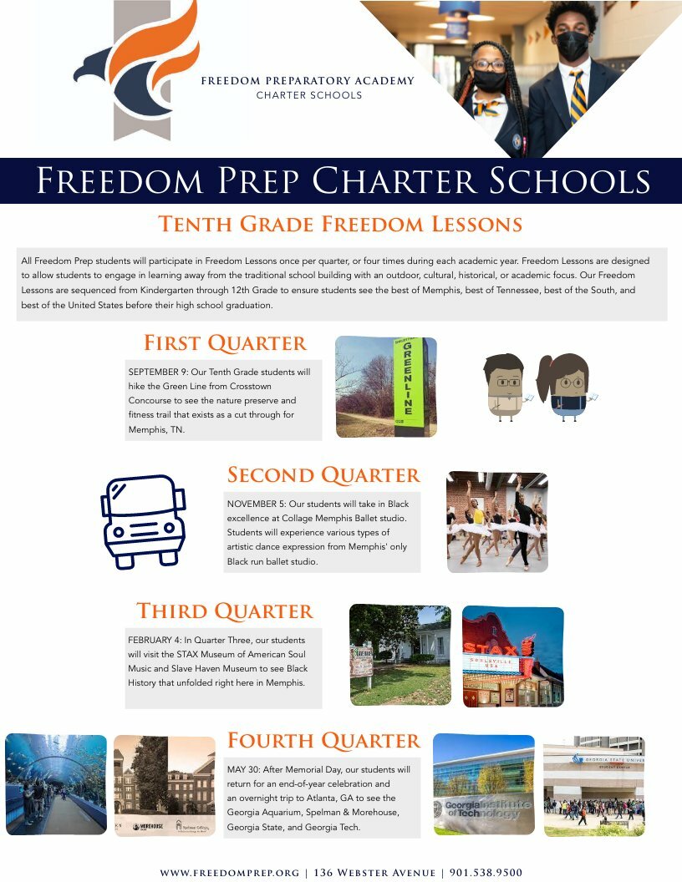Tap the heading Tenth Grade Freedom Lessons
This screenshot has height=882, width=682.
coord(340,225)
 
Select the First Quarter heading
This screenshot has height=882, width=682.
coord(225,343)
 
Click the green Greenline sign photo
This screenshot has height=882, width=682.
coord(386,387)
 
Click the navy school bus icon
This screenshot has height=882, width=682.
coord(142,521)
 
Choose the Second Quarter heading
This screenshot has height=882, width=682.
coord(323,475)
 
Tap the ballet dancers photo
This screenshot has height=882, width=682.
coord(497,522)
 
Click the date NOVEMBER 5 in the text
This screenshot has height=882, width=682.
coord(255,504)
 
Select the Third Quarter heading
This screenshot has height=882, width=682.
coord(225,611)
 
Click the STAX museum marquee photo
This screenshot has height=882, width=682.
coord(512,656)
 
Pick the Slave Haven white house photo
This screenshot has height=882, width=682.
coord(400,655)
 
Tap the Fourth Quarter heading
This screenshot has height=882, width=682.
coord(323,741)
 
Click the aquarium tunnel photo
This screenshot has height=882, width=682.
coord(56,784)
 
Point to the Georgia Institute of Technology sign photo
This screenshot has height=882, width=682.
coord(483,784)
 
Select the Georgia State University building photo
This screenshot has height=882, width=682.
coord(593,785)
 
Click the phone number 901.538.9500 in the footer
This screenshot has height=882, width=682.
coord(486,872)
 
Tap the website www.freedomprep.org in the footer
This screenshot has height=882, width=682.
coord(229,872)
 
